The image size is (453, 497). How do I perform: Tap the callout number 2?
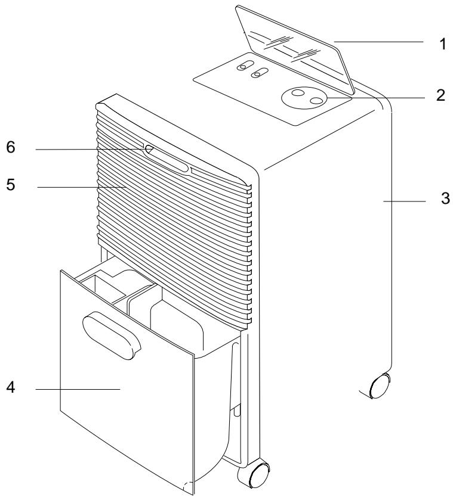(x=441, y=96)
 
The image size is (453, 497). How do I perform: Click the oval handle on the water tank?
(x=112, y=337)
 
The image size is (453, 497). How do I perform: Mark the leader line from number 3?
(x=406, y=203)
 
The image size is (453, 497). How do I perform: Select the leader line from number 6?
(x=90, y=150)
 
